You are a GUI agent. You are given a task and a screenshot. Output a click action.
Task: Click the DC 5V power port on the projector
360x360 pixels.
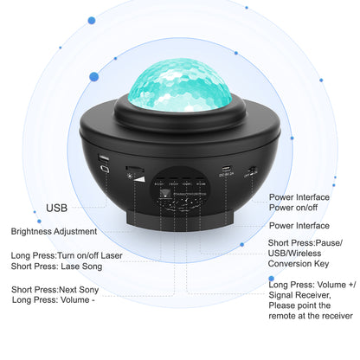coord(227,168)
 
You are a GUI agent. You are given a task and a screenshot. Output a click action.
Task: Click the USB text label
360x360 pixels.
coord(57,209)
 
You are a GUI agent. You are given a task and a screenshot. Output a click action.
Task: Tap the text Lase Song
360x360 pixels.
coord(80,267)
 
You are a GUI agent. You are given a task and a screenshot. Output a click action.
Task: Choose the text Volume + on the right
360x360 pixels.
coord(333,283)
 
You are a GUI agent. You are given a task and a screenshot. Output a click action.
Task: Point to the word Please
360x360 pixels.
coord(286,306)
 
